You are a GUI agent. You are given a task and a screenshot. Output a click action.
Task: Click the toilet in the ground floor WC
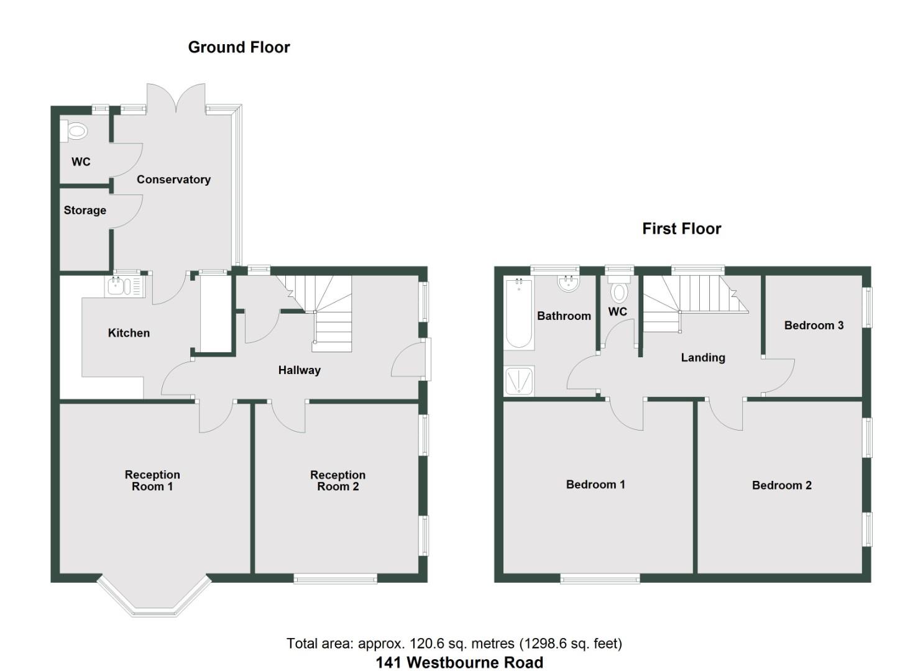coord(75,131)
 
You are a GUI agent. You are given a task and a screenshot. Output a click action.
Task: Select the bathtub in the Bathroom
coord(518,313)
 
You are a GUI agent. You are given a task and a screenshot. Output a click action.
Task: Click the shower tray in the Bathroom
coord(518,381)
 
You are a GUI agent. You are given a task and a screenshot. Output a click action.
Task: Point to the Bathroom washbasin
coord(568,284)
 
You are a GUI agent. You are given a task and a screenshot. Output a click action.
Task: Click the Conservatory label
coord(173,180)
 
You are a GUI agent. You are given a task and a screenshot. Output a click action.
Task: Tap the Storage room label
coord(85,211)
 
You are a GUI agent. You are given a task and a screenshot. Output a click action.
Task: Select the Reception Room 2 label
coord(338,480)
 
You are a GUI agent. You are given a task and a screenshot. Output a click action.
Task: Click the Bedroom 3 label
coord(814,326)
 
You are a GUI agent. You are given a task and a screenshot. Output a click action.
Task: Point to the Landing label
coord(702,358)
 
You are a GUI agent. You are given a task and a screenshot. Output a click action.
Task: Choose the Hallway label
coord(299,370)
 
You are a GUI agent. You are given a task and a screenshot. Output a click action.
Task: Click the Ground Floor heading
coord(239,47)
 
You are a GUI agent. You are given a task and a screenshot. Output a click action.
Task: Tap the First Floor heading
coord(681,229)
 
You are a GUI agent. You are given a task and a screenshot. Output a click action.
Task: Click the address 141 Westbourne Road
coord(459,662)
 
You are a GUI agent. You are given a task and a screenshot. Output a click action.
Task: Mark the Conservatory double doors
coord(176,99)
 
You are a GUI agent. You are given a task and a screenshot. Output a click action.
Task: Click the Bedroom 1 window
coord(600,579)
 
